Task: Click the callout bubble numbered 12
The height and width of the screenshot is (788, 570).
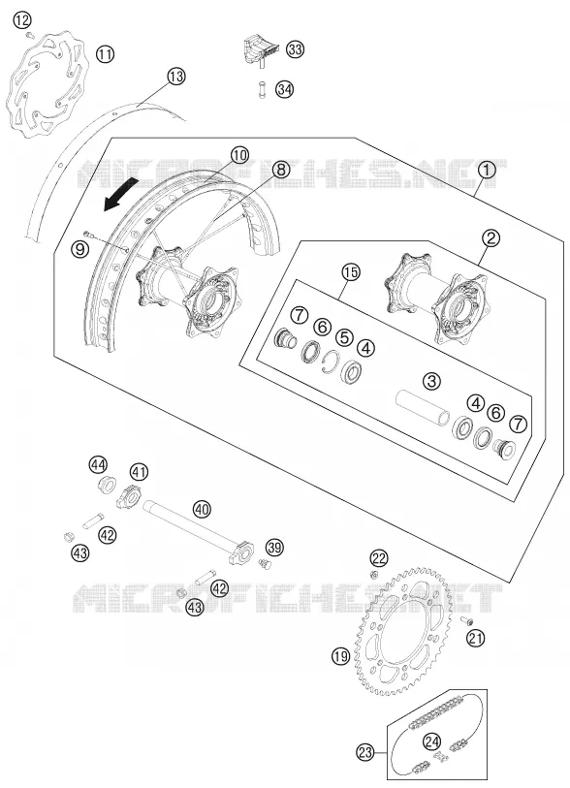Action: coord(22,20)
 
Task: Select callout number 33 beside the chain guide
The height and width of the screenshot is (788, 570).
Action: coord(295,49)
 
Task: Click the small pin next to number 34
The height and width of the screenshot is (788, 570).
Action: coord(262,89)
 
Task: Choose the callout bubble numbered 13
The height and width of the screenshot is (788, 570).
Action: coord(175,77)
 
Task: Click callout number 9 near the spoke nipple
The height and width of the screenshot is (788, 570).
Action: coord(80,249)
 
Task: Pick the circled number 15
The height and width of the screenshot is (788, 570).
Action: coord(351,272)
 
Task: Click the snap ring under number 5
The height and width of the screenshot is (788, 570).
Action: coord(331,362)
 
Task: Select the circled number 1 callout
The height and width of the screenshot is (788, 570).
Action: coord(486,171)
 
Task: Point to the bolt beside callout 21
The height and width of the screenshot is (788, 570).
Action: coord(466,620)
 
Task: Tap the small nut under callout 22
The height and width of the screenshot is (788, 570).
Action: coord(373,574)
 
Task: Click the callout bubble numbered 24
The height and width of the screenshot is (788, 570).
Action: coord(431,741)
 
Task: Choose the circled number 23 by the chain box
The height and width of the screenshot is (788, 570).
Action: coord(365,752)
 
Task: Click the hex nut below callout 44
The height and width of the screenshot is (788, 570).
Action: coord(105,486)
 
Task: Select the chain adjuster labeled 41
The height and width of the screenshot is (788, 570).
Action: coord(131,496)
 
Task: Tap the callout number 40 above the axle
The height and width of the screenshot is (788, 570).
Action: coord(202,510)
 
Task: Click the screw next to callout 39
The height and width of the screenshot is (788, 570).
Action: coord(264,563)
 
